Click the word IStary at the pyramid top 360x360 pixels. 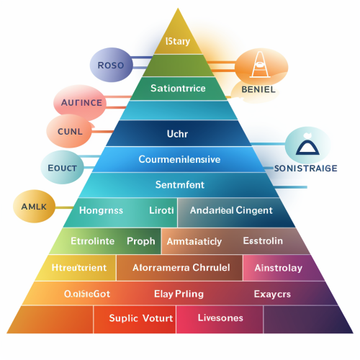coord(178,41)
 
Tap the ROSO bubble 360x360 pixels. coord(110,66)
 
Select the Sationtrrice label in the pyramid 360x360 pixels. coord(178,89)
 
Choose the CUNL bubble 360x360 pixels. coord(71,131)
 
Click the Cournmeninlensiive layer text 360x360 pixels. coord(179,159)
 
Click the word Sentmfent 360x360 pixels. coord(180,184)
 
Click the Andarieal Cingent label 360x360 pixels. coord(230,210)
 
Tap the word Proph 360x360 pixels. coord(140,240)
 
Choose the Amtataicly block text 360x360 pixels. coord(194,241)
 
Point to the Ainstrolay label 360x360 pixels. coord(278,268)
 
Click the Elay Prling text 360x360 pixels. coord(179,294)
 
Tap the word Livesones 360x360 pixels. coord(220,318)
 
